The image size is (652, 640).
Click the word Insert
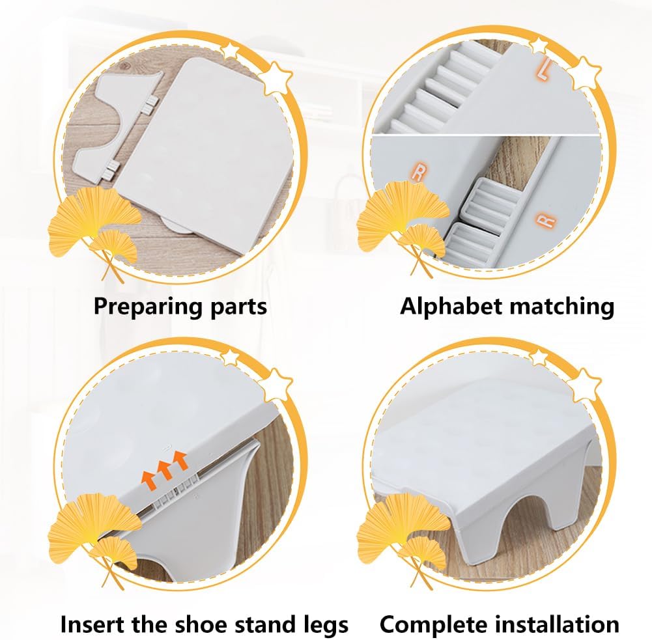click(92, 624)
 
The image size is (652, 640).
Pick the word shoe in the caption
click(201, 624)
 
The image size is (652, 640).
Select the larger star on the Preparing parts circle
click(275, 79)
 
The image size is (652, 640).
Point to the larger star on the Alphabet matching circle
click(584, 74)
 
